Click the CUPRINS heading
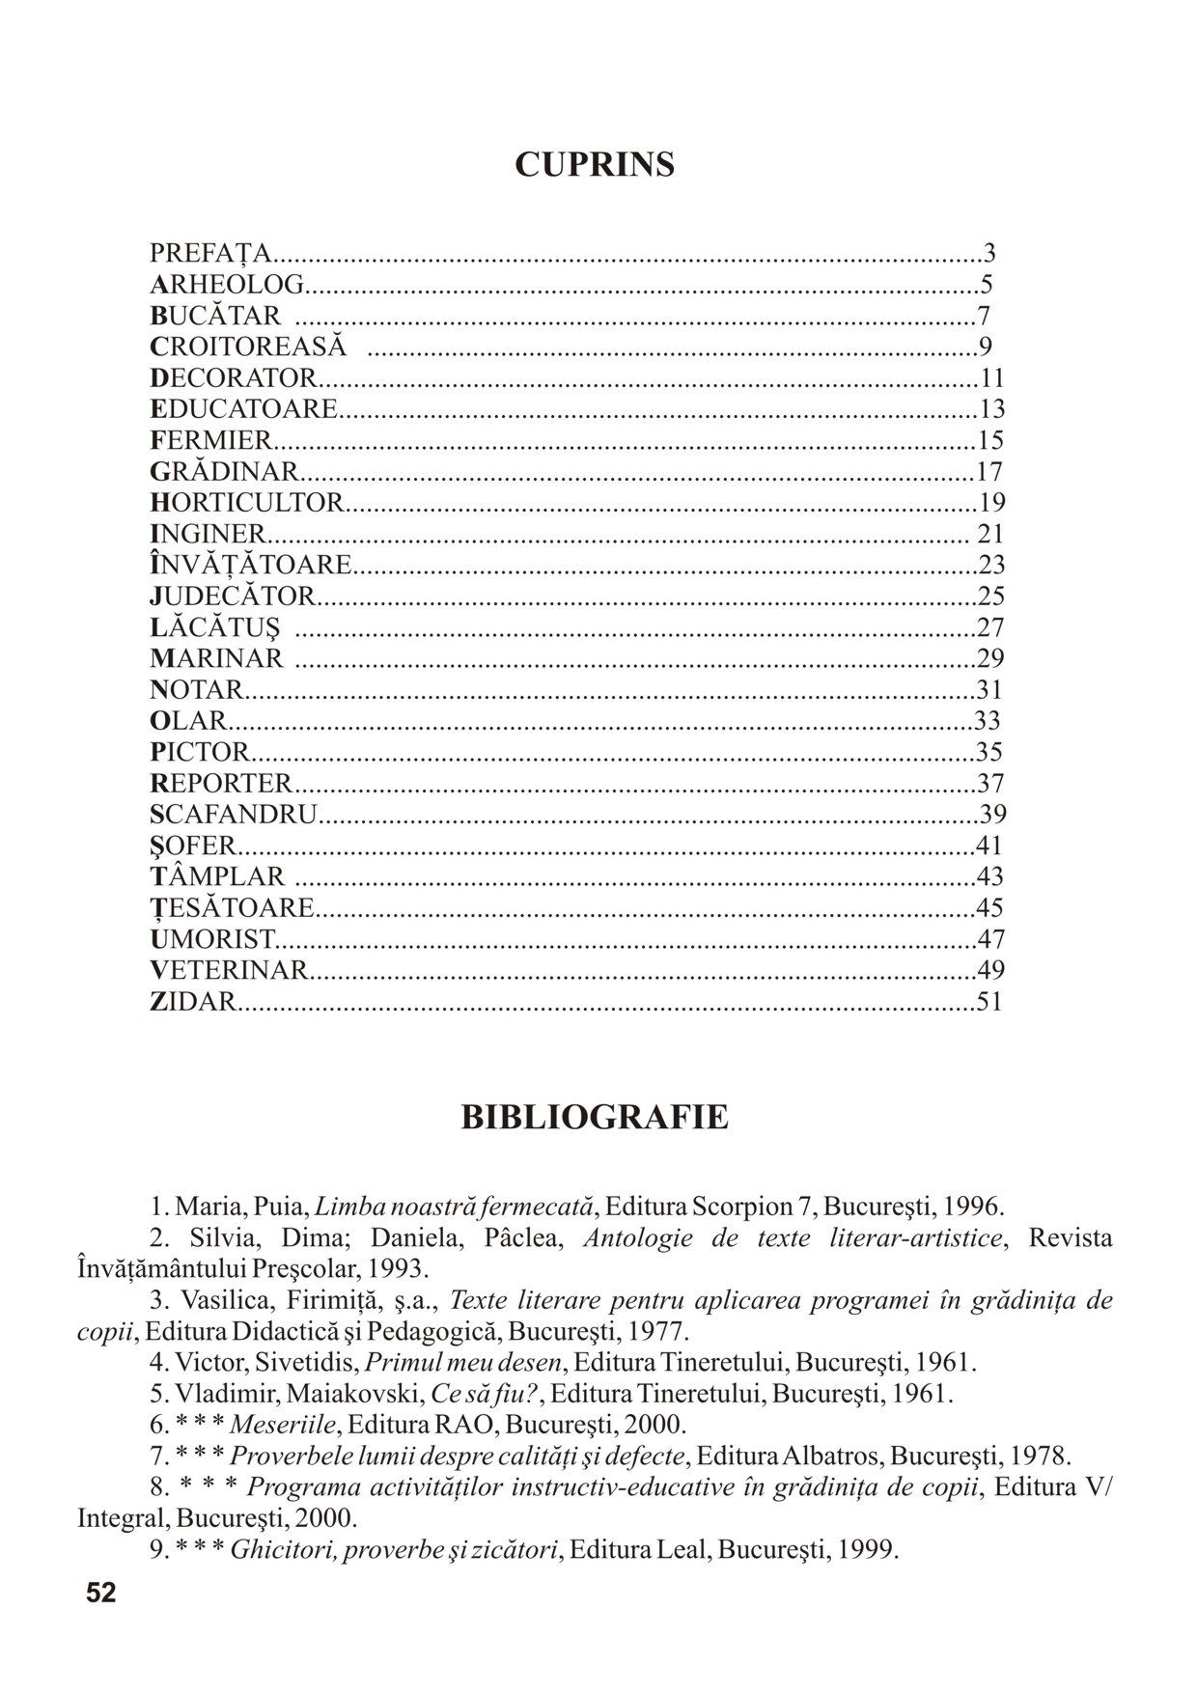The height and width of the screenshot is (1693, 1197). pos(595,165)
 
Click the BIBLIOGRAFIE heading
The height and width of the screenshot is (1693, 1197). pos(595,1117)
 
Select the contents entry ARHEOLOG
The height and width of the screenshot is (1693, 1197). pos(227,285)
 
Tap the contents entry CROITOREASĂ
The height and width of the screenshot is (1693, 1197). pos(248,347)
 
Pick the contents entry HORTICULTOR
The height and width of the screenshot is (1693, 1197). pos(247,503)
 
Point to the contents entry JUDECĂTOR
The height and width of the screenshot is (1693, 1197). pos(233,597)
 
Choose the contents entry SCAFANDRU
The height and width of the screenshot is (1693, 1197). pos(234,815)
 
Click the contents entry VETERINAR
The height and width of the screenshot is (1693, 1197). pos(230,970)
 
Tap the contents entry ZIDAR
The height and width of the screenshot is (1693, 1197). pos(193,1001)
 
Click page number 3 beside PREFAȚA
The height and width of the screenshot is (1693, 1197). pos(989,254)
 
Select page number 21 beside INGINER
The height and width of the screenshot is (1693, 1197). pos(991,534)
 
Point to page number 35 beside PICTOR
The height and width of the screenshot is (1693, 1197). pos(990,752)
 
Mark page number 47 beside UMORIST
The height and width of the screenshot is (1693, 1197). pos(991,938)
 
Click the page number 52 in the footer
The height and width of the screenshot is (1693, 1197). pos(100,1594)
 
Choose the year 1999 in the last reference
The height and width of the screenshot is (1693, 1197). pos(868,1550)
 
